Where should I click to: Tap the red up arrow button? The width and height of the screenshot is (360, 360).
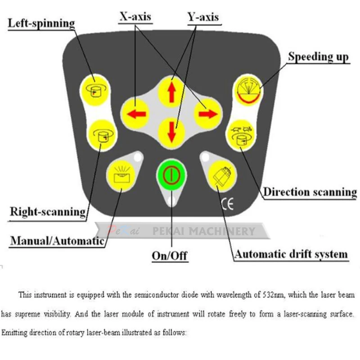coord(171,91)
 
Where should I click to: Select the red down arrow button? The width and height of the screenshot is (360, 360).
coord(171,130)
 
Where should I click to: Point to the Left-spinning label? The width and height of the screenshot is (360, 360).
coord(41,23)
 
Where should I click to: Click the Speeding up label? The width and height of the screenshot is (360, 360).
coord(318,57)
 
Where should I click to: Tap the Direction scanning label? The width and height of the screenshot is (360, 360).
coord(310,192)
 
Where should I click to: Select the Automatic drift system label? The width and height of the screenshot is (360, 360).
coord(291,254)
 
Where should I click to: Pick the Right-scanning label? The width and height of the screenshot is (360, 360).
coord(48,211)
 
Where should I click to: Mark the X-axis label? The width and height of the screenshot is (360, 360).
coord(135,17)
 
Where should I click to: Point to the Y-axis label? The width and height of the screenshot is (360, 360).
coord(203,17)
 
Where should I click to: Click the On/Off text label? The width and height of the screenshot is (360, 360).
coord(170,256)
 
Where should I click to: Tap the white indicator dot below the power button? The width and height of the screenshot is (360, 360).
coord(170,200)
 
